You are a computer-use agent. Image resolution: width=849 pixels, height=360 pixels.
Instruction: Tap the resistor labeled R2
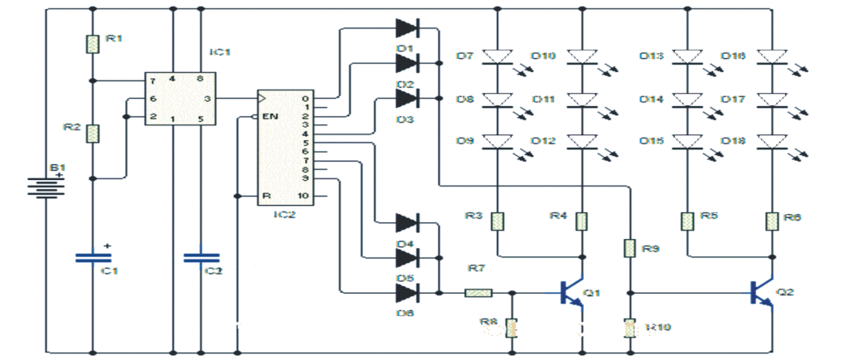click(x=93, y=133)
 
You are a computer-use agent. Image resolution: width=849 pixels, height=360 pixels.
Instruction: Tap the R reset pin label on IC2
click(x=267, y=196)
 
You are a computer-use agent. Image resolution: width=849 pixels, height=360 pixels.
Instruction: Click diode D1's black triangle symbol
click(x=407, y=28)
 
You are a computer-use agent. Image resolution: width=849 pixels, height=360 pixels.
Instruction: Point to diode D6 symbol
click(x=407, y=293)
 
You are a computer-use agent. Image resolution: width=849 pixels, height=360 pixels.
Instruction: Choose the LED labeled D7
click(x=497, y=56)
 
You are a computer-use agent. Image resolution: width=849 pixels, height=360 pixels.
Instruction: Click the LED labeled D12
click(x=582, y=142)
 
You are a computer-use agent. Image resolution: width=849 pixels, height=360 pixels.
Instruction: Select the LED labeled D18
click(x=773, y=142)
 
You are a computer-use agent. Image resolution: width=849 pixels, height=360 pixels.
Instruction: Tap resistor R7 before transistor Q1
click(x=478, y=293)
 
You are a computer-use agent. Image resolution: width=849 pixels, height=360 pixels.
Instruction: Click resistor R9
click(x=631, y=247)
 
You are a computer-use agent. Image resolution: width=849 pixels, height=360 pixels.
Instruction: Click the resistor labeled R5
click(x=687, y=221)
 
